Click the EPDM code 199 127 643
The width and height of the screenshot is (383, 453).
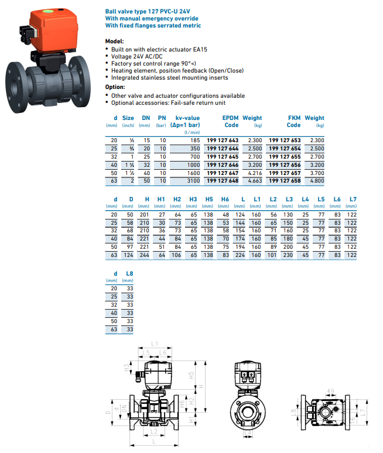click(x=223, y=140)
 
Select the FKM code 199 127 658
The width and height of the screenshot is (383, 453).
click(x=285, y=181)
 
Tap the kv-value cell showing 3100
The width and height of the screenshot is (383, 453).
click(x=193, y=181)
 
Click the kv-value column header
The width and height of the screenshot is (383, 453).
click(x=187, y=121)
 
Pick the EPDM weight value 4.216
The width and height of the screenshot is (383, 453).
click(x=254, y=173)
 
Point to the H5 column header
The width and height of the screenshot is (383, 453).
click(x=208, y=200)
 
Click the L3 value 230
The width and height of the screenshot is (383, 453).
click(x=289, y=255)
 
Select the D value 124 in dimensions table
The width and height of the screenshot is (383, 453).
click(x=131, y=255)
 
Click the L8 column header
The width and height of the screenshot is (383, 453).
click(x=129, y=273)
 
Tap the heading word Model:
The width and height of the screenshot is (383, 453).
click(x=114, y=42)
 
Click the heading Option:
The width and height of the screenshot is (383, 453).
click(x=115, y=87)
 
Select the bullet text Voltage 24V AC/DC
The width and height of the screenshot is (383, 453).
click(x=139, y=57)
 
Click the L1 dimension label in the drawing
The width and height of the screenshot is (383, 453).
click(x=155, y=343)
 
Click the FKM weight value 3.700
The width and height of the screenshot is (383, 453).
click(x=316, y=173)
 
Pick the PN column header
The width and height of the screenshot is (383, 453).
click(x=162, y=118)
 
